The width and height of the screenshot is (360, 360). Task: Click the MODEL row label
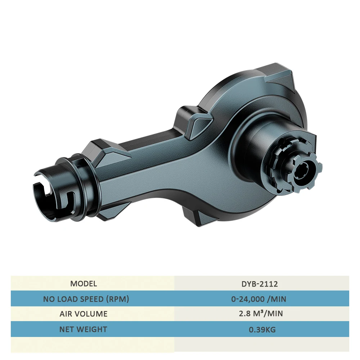point(84,284)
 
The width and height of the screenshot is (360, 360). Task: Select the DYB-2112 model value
point(260,284)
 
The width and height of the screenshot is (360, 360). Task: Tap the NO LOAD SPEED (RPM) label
point(86,299)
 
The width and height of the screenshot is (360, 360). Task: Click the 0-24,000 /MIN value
point(259,299)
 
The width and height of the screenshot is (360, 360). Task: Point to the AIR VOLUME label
point(84,314)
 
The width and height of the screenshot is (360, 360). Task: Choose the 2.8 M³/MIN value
point(261,314)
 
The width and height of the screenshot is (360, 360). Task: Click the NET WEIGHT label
point(84,329)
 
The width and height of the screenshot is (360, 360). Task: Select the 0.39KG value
point(262,330)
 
